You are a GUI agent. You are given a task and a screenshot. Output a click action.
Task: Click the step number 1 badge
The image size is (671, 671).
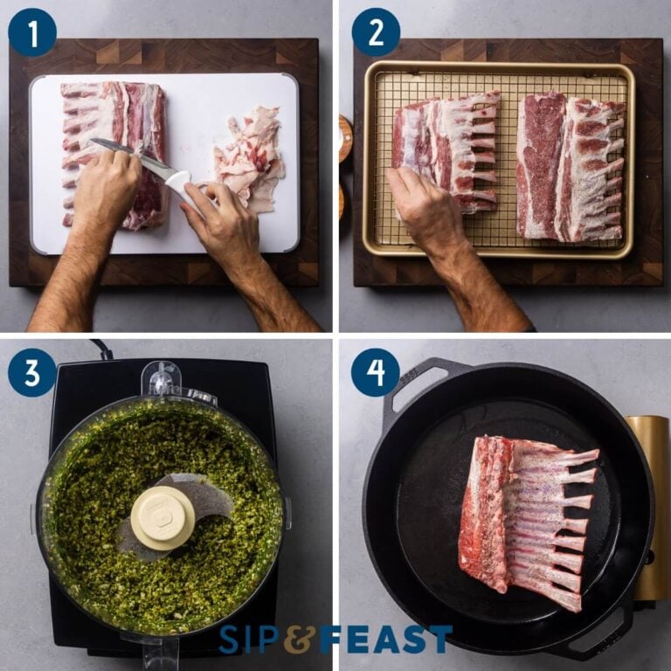32,32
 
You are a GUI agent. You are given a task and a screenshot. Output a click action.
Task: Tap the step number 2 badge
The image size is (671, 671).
376,32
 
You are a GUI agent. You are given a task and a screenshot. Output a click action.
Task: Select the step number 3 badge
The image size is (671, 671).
32,373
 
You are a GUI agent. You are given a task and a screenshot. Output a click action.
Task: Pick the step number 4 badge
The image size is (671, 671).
376,373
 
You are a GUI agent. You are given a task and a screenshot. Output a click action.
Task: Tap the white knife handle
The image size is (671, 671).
178,181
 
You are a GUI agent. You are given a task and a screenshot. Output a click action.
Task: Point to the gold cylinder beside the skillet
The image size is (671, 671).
651,507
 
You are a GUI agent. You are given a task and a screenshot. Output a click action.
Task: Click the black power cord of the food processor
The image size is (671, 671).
102,349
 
